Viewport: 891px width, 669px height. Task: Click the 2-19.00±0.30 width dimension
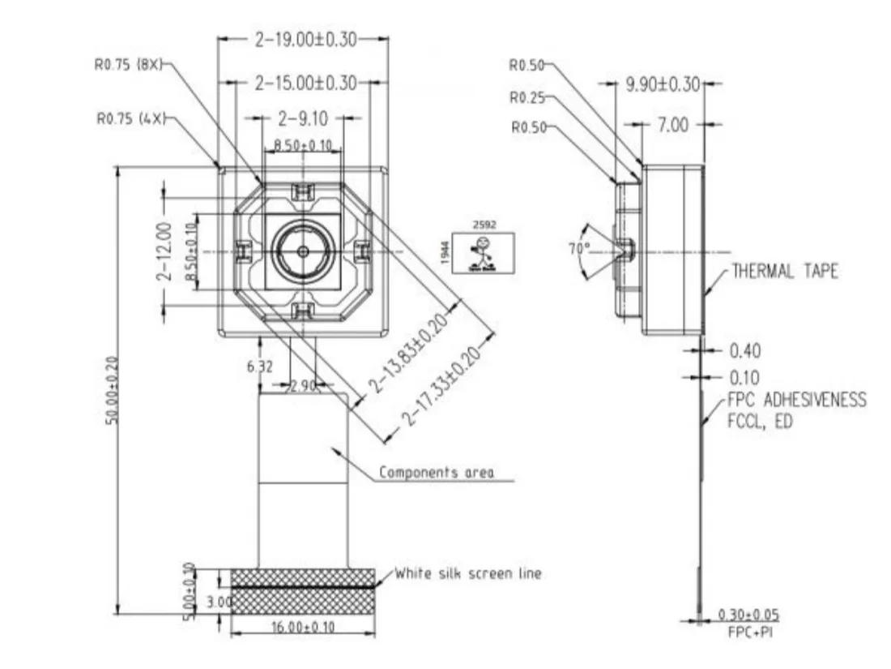(x=304, y=39)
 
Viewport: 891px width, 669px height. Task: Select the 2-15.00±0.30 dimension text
(x=305, y=82)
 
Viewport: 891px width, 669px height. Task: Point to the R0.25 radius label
(x=528, y=97)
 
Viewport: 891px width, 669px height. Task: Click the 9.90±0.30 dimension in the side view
(x=663, y=84)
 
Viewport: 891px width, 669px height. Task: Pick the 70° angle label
(x=579, y=249)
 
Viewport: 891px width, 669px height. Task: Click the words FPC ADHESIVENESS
(x=796, y=400)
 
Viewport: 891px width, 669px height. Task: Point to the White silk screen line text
(x=468, y=573)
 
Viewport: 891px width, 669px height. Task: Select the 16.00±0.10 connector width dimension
(x=304, y=627)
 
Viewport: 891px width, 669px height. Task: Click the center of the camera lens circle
(x=302, y=251)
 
